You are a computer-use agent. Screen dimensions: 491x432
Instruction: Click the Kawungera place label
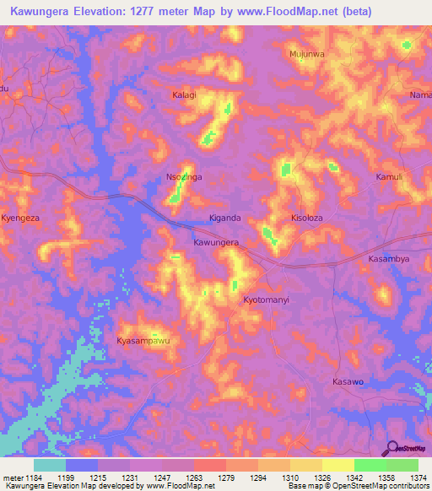click(x=216, y=242)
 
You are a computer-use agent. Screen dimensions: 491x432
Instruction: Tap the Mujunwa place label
click(x=307, y=54)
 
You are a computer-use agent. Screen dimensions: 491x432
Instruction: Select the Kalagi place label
click(x=184, y=95)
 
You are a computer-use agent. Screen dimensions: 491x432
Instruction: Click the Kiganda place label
click(x=225, y=218)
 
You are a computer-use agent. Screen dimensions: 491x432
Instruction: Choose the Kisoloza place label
click(x=307, y=218)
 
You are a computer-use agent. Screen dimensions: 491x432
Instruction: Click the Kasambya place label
click(x=389, y=259)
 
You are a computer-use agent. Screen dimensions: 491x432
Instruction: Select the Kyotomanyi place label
click(x=266, y=300)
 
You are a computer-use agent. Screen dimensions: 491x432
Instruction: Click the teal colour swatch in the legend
click(x=49, y=465)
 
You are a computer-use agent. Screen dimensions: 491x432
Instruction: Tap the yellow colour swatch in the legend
click(x=337, y=465)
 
